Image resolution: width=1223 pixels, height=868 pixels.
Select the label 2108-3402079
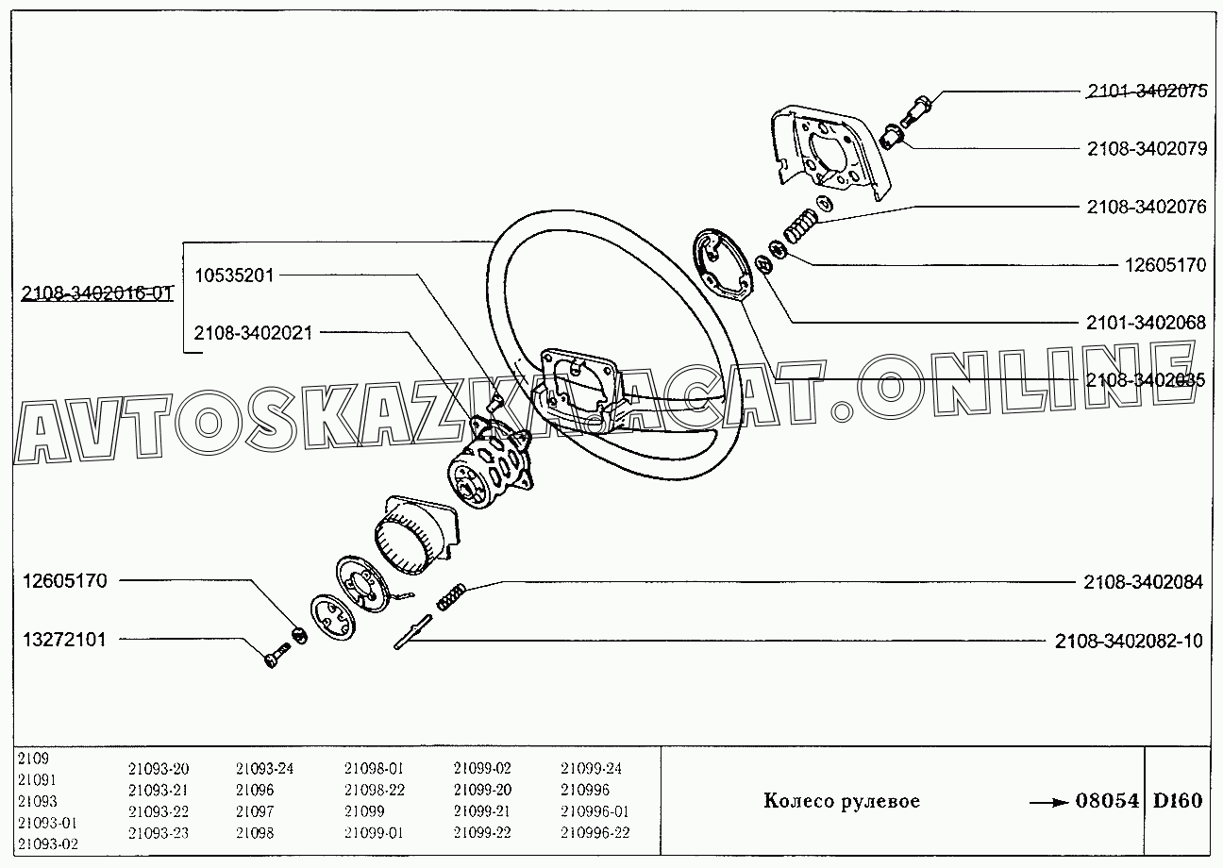pyautogui.click(x=1146, y=149)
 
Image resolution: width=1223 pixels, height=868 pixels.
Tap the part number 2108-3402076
pyautogui.click(x=1146, y=207)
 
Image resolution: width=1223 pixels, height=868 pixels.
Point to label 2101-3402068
pyautogui.click(x=1146, y=323)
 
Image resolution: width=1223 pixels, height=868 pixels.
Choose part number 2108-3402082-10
pyautogui.click(x=1129, y=642)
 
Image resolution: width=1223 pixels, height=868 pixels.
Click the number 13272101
pyautogui.click(x=64, y=640)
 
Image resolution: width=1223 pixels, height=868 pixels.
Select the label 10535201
pyautogui.click(x=234, y=275)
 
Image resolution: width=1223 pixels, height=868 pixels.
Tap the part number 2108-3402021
pyautogui.click(x=253, y=333)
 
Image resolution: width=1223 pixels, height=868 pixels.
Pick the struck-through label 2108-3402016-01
pyautogui.click(x=96, y=292)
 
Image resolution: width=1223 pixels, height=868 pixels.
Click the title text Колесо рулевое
pyautogui.click(x=841, y=802)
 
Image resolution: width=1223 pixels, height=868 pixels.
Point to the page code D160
pyautogui.click(x=1178, y=802)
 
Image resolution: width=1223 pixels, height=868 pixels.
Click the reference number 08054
pyautogui.click(x=1107, y=802)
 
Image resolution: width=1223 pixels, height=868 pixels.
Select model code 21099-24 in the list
pyautogui.click(x=591, y=769)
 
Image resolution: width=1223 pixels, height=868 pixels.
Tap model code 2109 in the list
pyautogui.click(x=33, y=758)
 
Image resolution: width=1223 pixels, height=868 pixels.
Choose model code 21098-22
pyautogui.click(x=375, y=790)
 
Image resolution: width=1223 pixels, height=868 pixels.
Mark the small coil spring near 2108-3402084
pyautogui.click(x=452, y=596)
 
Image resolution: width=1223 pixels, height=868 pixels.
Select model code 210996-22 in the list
pyautogui.click(x=595, y=832)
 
